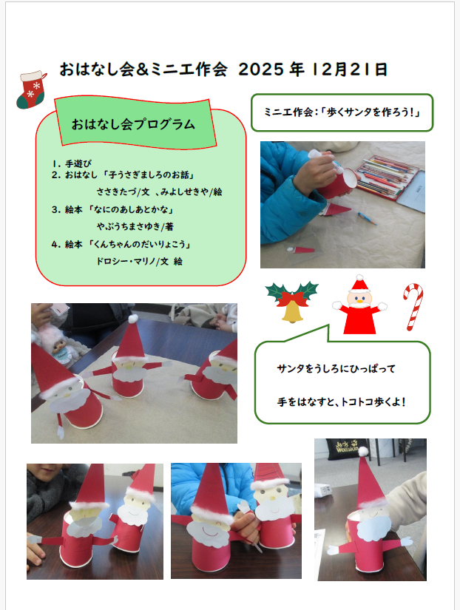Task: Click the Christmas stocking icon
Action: [31, 90]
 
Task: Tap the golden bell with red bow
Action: [292, 302]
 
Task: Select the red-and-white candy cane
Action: [413, 307]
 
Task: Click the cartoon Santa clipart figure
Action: [359, 305]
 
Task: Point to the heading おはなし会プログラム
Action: [133, 124]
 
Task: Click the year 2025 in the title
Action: [261, 70]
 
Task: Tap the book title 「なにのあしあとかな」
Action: [130, 210]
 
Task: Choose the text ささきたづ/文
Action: [123, 192]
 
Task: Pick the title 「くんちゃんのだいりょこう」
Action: [139, 244]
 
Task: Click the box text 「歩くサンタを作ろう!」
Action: [373, 112]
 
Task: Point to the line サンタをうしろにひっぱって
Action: [336, 368]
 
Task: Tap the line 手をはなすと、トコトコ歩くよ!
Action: [342, 402]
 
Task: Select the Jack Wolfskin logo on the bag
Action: [347, 446]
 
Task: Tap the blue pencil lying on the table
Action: [367, 218]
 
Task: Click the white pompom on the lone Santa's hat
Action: [363, 452]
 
